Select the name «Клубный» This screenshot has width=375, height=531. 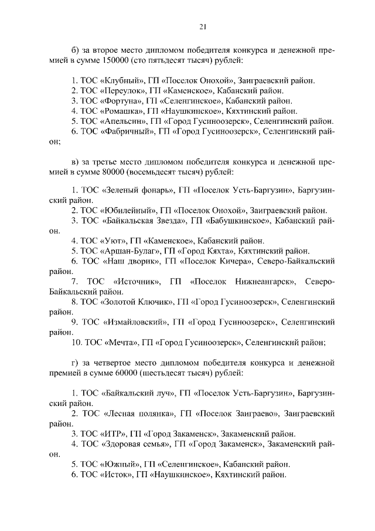tap(122, 80)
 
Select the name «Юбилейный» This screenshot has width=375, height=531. tap(129, 209)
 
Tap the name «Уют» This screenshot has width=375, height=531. tap(114, 240)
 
